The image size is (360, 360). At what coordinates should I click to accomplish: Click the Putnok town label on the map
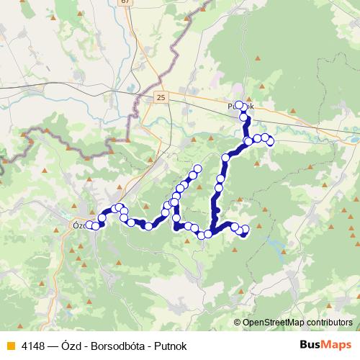point(240,107)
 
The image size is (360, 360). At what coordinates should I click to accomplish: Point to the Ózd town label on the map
point(79,224)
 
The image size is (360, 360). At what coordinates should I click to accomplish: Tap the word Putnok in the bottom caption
point(170,346)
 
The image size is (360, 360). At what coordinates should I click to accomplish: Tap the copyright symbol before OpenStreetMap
point(238,323)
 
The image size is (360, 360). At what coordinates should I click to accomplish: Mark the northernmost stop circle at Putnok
point(240,105)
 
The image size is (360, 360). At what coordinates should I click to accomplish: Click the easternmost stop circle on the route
point(271,141)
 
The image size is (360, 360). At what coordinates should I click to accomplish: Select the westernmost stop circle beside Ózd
point(89,225)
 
